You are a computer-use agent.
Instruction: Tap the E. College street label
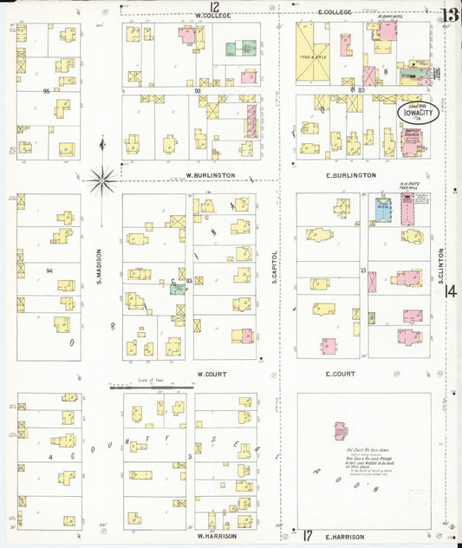[x=334, y=12]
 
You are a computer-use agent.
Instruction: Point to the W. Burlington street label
[x=211, y=175]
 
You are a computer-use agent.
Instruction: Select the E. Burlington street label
[x=351, y=175]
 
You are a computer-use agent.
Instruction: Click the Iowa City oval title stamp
[x=418, y=113]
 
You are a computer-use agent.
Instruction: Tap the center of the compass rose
[x=102, y=180]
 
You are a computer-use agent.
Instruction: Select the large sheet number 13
[x=449, y=15]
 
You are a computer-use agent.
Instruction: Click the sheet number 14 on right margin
[x=450, y=292]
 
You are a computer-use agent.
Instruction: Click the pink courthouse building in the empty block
[x=340, y=431]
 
